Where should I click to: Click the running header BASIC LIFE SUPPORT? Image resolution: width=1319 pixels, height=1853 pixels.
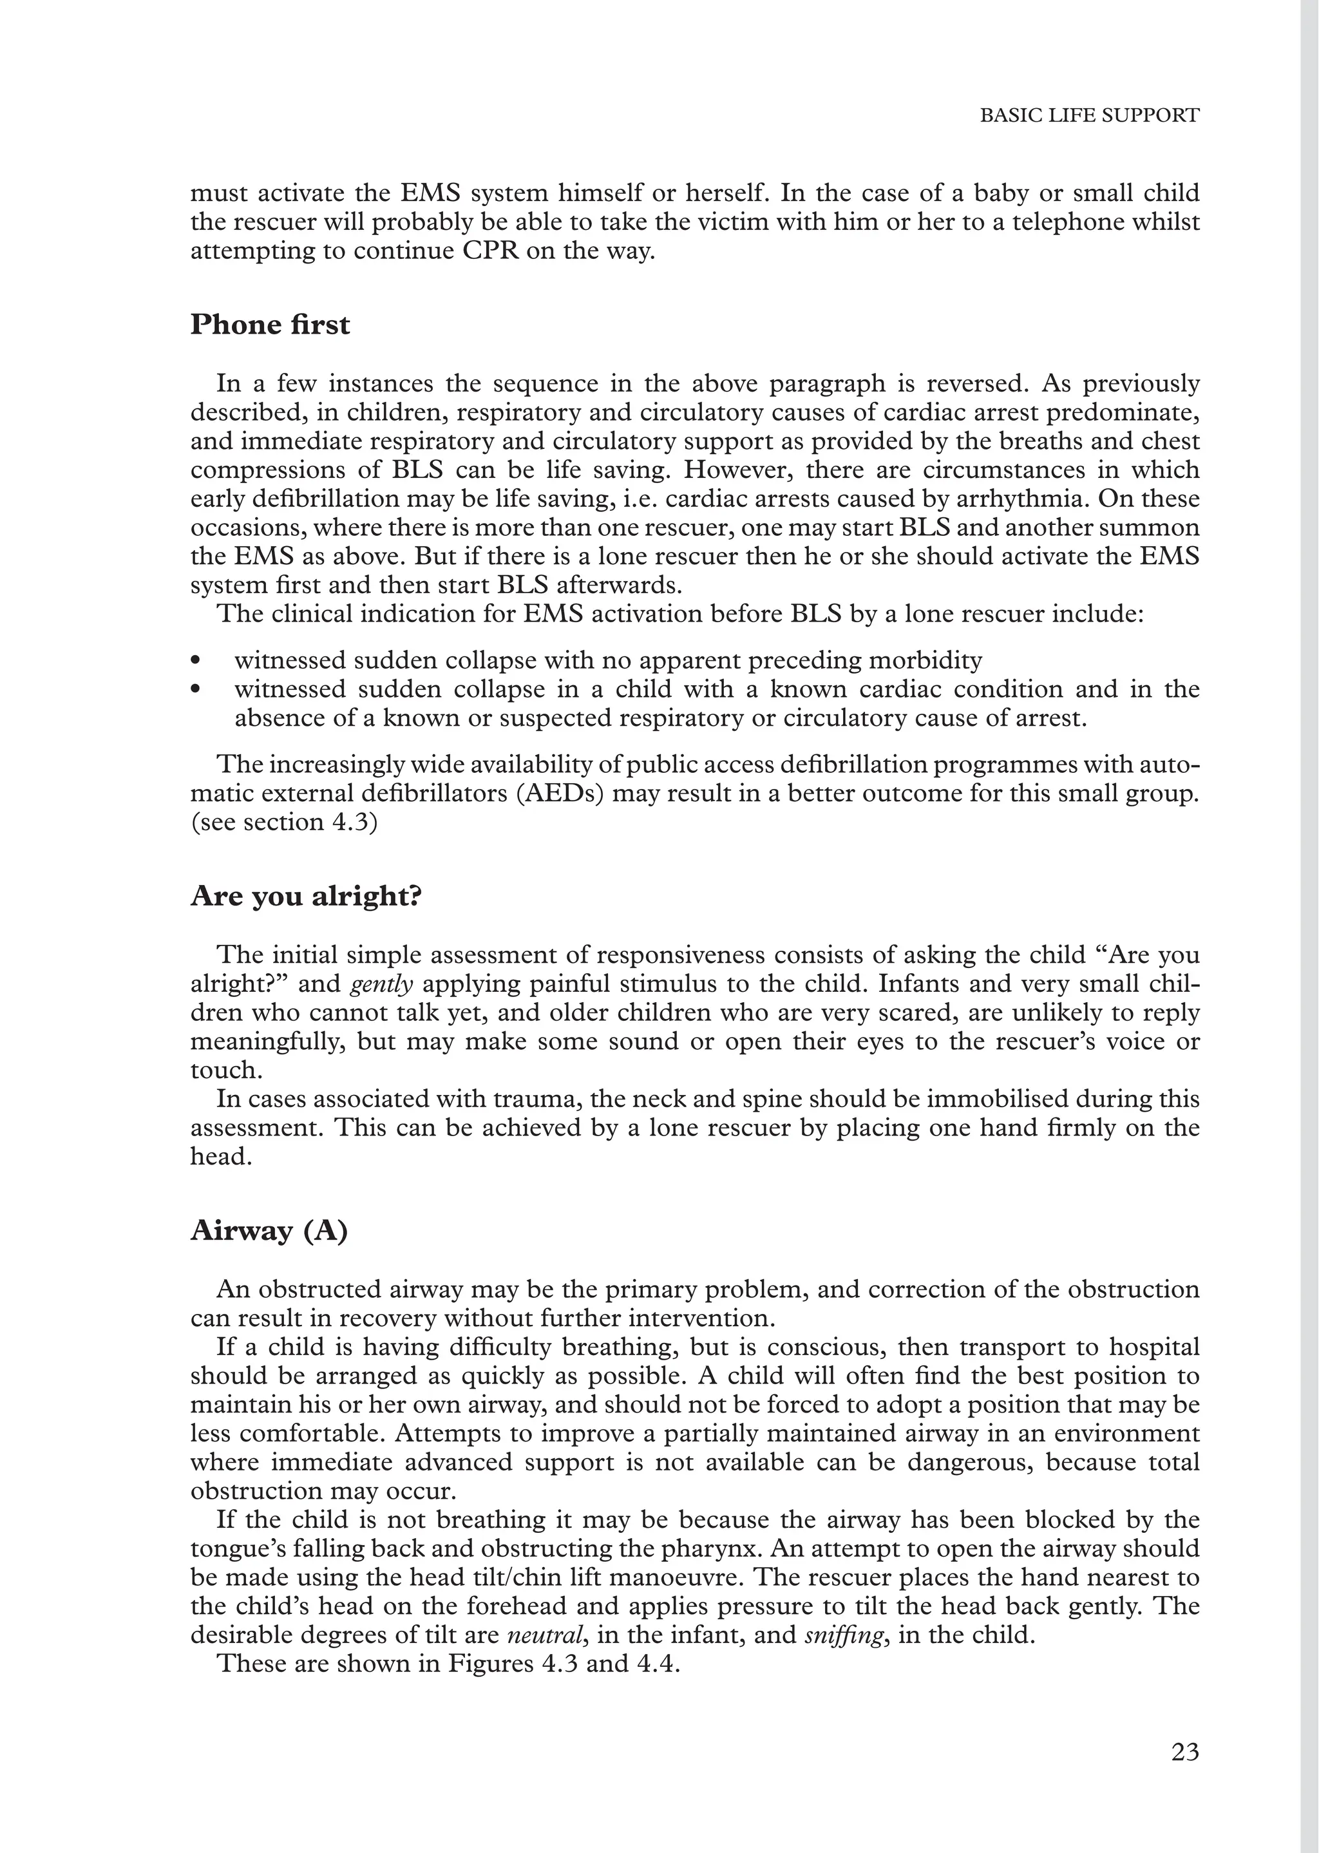click(1088, 115)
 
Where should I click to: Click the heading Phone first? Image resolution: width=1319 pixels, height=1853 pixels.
click(270, 325)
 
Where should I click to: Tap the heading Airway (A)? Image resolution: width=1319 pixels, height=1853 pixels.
click(269, 1231)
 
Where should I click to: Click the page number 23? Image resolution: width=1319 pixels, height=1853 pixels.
click(1185, 1753)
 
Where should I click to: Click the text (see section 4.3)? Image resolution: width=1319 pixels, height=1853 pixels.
click(284, 822)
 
